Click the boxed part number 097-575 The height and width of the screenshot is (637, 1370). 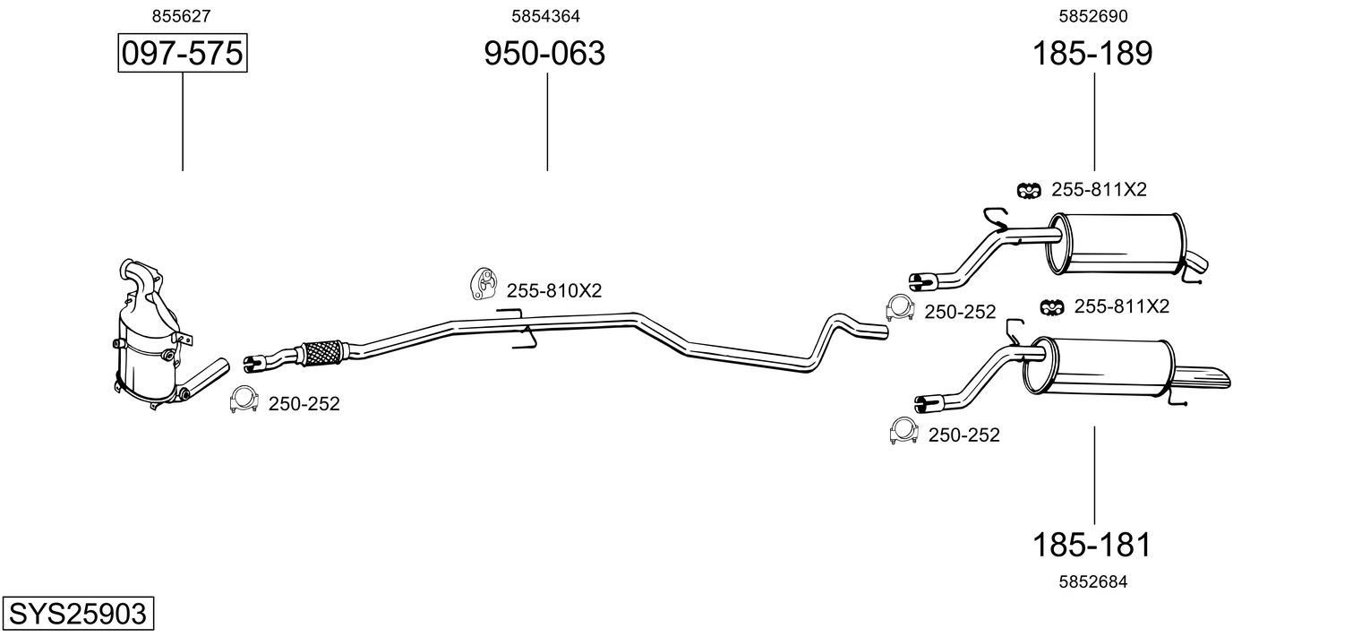[182, 54]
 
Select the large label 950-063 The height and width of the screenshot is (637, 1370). [544, 54]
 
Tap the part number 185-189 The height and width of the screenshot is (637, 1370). [1092, 54]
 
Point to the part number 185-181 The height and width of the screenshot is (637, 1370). [1092, 544]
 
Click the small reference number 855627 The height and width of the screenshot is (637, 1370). [182, 15]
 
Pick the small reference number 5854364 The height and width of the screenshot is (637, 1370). [544, 15]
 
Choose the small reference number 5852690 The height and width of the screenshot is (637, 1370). [1092, 15]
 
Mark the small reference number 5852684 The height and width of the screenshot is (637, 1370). [1092, 581]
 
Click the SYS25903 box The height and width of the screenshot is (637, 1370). [77, 615]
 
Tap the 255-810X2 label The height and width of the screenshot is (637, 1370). [554, 290]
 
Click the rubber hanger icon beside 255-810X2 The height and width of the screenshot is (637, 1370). [484, 283]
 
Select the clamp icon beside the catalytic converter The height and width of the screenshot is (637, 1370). [243, 400]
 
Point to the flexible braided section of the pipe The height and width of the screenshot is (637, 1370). [323, 350]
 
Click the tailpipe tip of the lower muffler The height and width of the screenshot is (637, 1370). [1209, 377]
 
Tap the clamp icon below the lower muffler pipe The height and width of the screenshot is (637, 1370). [903, 432]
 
